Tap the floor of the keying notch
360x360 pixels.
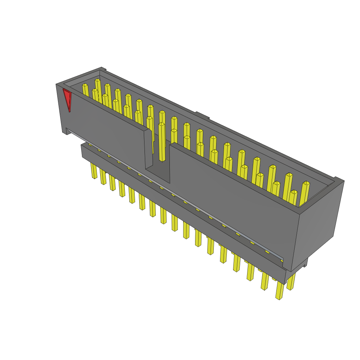click(158, 174)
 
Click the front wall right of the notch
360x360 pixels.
click(232, 197)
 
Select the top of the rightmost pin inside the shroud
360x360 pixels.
click(306, 183)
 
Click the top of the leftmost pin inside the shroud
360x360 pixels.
click(85, 85)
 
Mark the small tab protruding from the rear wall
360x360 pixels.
click(202, 115)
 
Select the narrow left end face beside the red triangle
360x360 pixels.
click(61, 109)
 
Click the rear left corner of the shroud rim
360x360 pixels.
click(102, 69)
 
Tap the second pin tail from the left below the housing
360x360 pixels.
click(103, 176)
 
